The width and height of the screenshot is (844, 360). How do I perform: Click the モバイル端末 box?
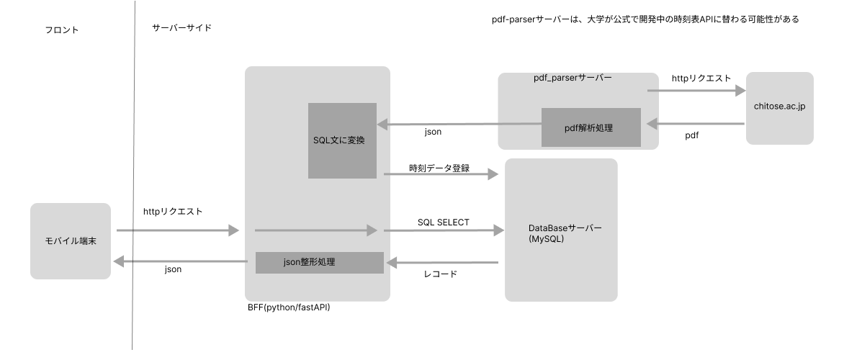pyautogui.click(x=71, y=240)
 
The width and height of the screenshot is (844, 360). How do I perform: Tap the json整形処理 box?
pyautogui.click(x=319, y=263)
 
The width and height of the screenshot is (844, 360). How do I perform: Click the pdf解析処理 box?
pyautogui.click(x=591, y=127)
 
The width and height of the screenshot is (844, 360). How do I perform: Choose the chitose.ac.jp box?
pyautogui.click(x=779, y=107)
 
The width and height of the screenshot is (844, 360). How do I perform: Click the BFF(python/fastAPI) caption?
pyautogui.click(x=289, y=307)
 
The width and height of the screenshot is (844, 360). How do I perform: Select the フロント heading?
pyautogui.click(x=61, y=30)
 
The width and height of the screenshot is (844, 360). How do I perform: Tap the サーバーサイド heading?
pyautogui.click(x=181, y=27)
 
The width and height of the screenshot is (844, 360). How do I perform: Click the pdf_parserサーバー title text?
pyautogui.click(x=573, y=77)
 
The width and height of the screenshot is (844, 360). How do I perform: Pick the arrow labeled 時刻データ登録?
pyautogui.click(x=441, y=174)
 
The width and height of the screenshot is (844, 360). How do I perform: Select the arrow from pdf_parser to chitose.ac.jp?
pyautogui.click(x=696, y=91)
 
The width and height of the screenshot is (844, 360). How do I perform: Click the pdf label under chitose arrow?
pyautogui.click(x=691, y=135)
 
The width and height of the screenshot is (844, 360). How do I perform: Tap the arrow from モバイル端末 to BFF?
pyautogui.click(x=177, y=230)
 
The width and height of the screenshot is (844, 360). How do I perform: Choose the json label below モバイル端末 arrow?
pyautogui.click(x=173, y=269)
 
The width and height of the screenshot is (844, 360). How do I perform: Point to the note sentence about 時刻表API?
pyautogui.click(x=640, y=19)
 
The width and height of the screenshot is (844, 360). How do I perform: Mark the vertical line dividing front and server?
pyautogui.click(x=134, y=180)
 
